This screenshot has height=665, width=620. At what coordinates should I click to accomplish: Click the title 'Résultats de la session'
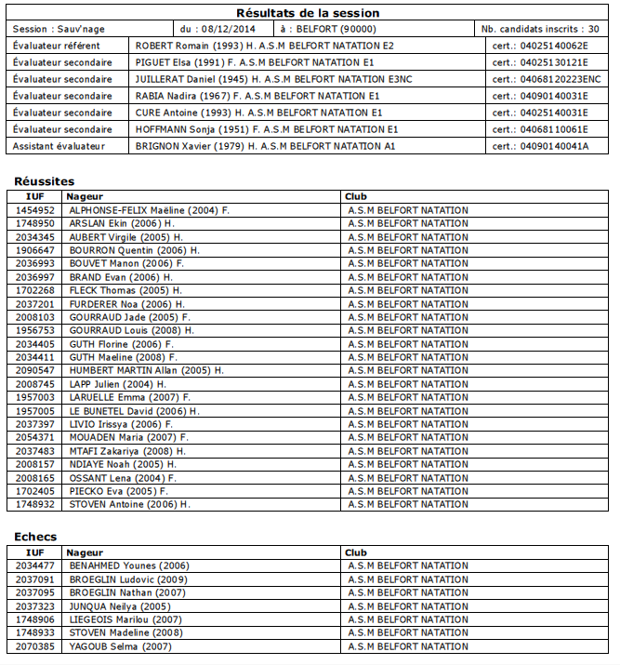[308, 13]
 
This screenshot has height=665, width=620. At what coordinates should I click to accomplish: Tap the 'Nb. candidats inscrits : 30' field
[540, 29]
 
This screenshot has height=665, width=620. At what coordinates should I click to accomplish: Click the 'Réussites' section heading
[45, 182]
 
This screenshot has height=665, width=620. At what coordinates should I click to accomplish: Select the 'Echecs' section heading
[35, 538]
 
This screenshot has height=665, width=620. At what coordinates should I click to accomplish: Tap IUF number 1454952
[34, 211]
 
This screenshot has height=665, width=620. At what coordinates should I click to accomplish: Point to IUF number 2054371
[34, 438]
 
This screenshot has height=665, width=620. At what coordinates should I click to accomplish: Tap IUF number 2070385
[34, 647]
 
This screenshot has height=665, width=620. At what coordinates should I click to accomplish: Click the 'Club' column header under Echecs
[355, 552]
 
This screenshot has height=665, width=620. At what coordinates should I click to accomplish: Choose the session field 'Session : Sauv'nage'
[58, 29]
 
